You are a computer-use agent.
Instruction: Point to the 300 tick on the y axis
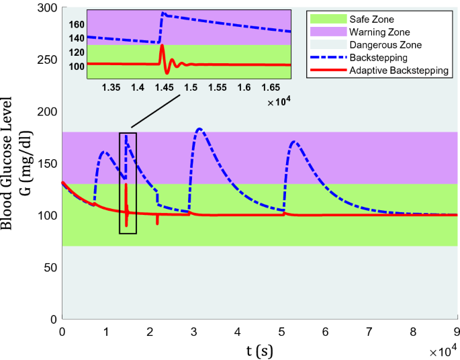48,8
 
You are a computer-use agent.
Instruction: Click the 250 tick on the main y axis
48,60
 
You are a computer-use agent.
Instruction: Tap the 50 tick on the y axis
50,267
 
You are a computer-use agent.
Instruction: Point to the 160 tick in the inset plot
76,25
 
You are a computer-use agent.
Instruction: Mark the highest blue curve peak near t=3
199,128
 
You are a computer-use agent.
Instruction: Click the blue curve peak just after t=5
293,141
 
